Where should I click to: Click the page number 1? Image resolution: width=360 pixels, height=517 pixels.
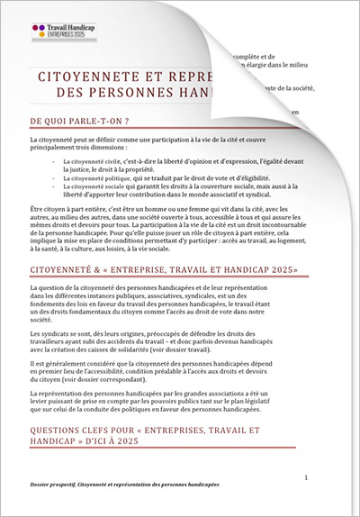(x=309, y=475)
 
